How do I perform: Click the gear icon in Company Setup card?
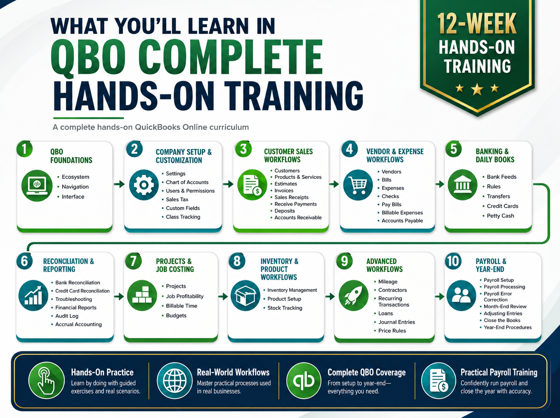pyautogui.click(x=143, y=185)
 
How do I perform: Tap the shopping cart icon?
pyautogui.click(x=358, y=185)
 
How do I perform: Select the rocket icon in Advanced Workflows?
pyautogui.click(x=353, y=295)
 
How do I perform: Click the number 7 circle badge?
pyautogui.click(x=133, y=261)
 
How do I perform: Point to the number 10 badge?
pyautogui.click(x=453, y=261)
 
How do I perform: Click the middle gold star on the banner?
pyautogui.click(x=477, y=89)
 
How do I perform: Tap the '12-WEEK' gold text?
pyautogui.click(x=477, y=24)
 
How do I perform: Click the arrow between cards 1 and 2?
pyautogui.click(x=119, y=184)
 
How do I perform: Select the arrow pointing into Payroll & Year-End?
pyautogui.click(x=440, y=296)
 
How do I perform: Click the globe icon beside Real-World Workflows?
pyautogui.click(x=174, y=380)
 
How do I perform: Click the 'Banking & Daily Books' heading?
pyautogui.click(x=495, y=155)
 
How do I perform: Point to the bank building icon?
pyautogui.click(x=462, y=185)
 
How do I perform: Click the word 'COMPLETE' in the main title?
pyautogui.click(x=230, y=59)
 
